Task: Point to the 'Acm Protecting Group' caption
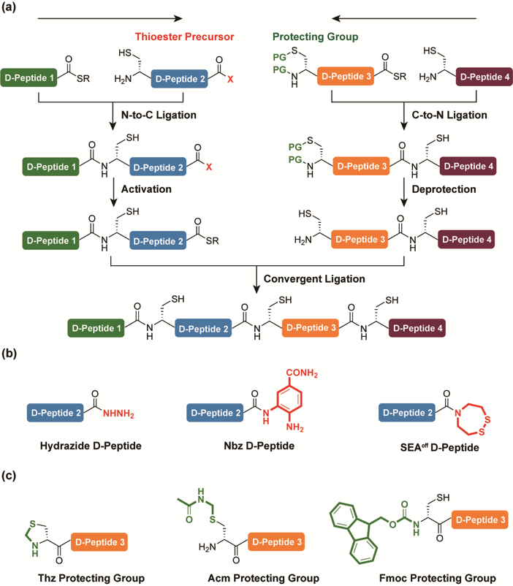(259, 577)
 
